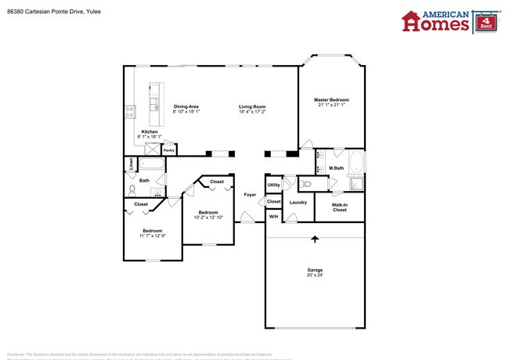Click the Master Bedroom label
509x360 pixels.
tap(331, 99)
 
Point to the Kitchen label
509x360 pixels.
tap(150, 131)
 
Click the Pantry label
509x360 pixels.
tap(168, 150)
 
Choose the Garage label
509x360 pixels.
tap(314, 269)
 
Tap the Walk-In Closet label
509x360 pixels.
tap(339, 207)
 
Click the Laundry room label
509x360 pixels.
tap(298, 202)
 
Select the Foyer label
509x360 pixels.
tap(250, 194)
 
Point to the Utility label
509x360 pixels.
tap(273, 185)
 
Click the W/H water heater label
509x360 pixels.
tap(273, 216)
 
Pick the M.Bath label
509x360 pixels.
tap(337, 168)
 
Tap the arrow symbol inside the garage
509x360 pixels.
tap(316, 238)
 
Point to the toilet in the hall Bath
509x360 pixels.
tap(132, 189)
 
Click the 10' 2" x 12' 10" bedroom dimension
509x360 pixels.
tap(208, 217)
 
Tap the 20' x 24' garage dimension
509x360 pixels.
tap(314, 275)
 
